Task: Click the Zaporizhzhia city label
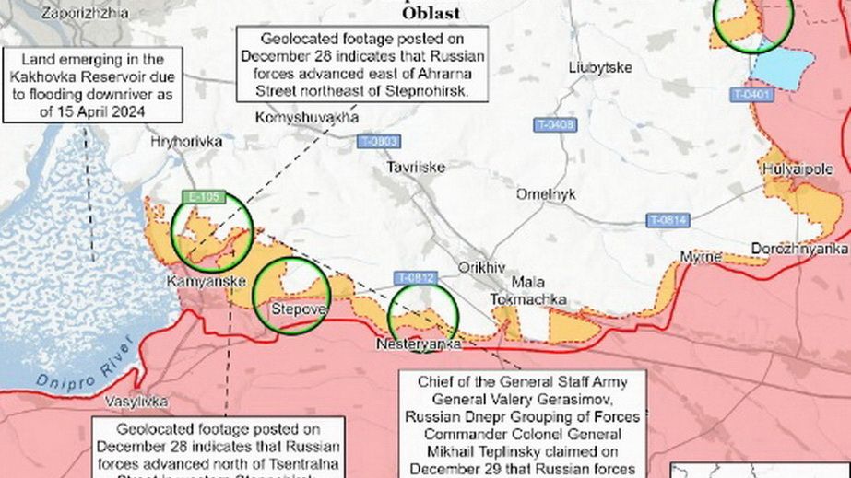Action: pos(78,14)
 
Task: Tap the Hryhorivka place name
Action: pos(188,143)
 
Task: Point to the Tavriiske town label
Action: pos(416,167)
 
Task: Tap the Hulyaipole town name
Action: pos(798,169)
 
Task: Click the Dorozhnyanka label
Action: pos(798,249)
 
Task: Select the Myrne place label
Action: pos(701,256)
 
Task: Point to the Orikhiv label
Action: pos(482,267)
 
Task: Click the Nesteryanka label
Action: pos(419,344)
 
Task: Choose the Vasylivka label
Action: pos(136,402)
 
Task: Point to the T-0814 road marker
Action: pos(668,220)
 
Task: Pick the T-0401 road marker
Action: pos(751,94)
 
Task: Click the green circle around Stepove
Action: pos(291,297)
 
